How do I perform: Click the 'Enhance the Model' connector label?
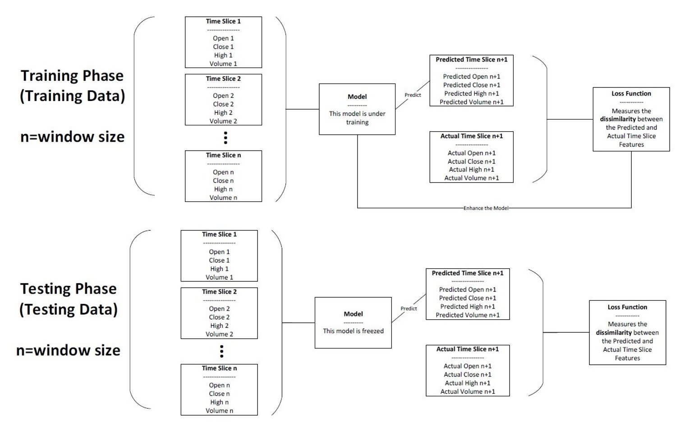(x=486, y=208)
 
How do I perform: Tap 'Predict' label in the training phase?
(x=413, y=95)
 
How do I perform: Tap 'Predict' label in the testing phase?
(x=409, y=308)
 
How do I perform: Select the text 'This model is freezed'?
(x=353, y=331)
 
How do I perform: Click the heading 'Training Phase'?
(x=72, y=75)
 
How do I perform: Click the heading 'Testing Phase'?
(x=69, y=289)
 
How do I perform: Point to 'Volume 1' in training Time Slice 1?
(x=223, y=64)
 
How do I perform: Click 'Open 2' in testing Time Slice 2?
(x=219, y=308)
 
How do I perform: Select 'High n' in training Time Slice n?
(x=223, y=189)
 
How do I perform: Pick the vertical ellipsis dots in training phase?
(x=225, y=138)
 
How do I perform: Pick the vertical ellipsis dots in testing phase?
(x=221, y=351)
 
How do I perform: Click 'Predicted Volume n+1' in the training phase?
(x=471, y=102)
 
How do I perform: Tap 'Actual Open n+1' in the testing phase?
(x=468, y=366)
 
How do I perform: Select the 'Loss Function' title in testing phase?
(x=627, y=307)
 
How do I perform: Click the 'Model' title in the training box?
(x=357, y=97)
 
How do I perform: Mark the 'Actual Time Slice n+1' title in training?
(x=471, y=136)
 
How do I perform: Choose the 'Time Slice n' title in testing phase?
(x=219, y=368)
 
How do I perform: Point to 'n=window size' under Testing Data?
(x=69, y=350)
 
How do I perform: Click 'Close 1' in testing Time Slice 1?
(x=219, y=260)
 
